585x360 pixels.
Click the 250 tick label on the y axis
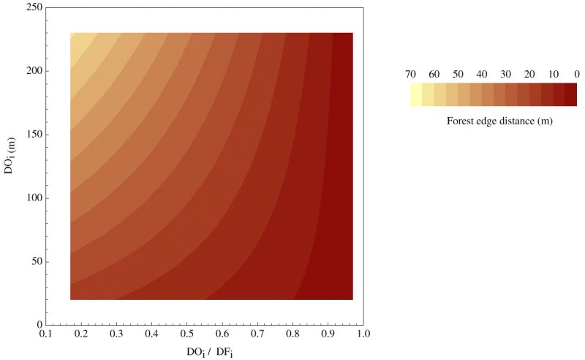pos(31,7)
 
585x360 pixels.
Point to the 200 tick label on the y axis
pos(31,71)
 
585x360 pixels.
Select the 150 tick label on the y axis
pos(31,135)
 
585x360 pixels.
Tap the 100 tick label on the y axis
pos(31,198)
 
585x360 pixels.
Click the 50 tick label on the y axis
pos(34,262)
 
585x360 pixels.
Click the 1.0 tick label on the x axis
pos(363,334)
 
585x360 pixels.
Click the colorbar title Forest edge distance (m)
pos(499,121)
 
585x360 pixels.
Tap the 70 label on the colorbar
pos(410,74)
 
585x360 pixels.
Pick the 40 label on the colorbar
pos(482,74)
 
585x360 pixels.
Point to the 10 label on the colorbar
pos(554,74)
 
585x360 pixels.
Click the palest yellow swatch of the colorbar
pos(416,95)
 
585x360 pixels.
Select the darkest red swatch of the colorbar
pos(571,95)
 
